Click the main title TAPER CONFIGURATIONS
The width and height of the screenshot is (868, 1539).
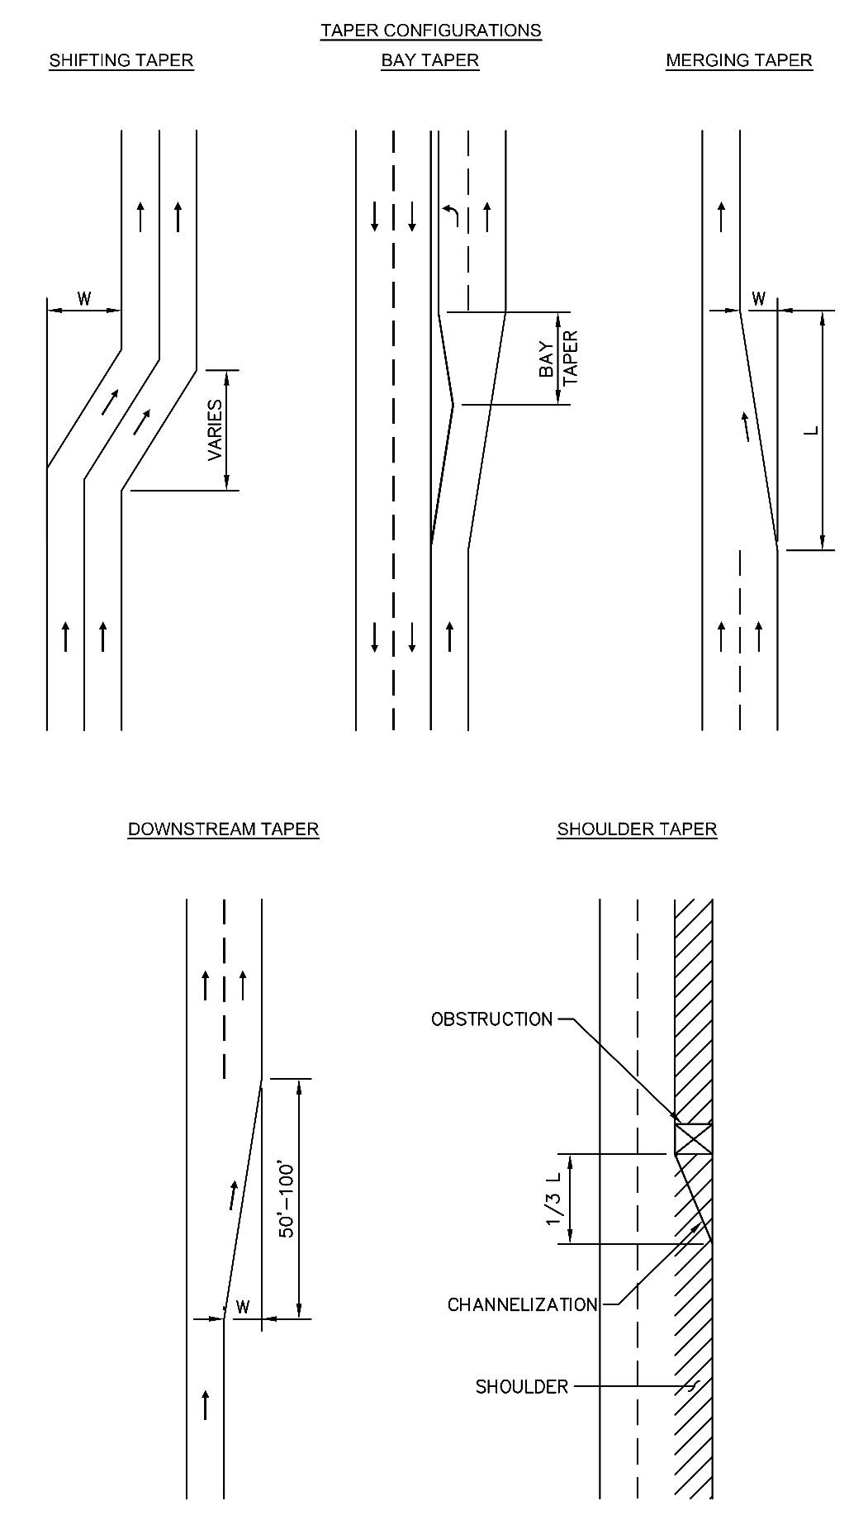point(431,31)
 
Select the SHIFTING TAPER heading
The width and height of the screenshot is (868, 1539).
point(121,60)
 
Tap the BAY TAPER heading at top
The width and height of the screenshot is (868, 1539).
point(430,60)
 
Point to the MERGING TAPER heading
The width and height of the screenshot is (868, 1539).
point(739,60)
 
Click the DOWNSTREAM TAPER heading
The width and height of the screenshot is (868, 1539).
point(223,829)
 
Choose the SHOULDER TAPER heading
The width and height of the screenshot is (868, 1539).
point(637,829)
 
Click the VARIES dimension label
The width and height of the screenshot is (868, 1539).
point(215,430)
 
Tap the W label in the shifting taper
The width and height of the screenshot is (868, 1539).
point(84,298)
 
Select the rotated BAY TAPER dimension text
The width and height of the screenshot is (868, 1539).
point(558,357)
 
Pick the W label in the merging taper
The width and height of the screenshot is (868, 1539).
point(758,298)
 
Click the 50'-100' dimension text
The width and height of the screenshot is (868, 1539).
point(287,1199)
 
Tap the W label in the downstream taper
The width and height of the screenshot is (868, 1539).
point(242,1307)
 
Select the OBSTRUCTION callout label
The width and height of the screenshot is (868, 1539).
point(491,1019)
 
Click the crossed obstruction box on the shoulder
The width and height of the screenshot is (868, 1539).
point(693,1138)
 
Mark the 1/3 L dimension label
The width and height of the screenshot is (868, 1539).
point(553,1199)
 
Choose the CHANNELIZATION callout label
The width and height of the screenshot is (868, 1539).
point(522,1304)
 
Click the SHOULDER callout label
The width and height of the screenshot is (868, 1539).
point(522,1386)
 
